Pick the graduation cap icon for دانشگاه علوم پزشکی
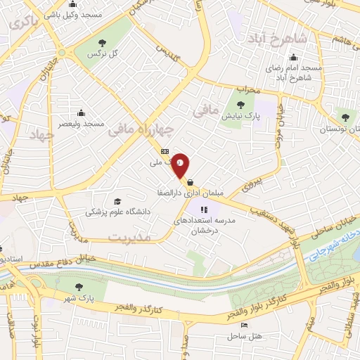[x=117, y=201]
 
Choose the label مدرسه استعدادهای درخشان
[x=205, y=225]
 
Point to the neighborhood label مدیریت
[x=130, y=238]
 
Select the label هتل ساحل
[x=244, y=335]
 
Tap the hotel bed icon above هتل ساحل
[x=244, y=326]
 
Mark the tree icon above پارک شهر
[x=78, y=286]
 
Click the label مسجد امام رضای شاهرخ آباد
[x=293, y=72]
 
